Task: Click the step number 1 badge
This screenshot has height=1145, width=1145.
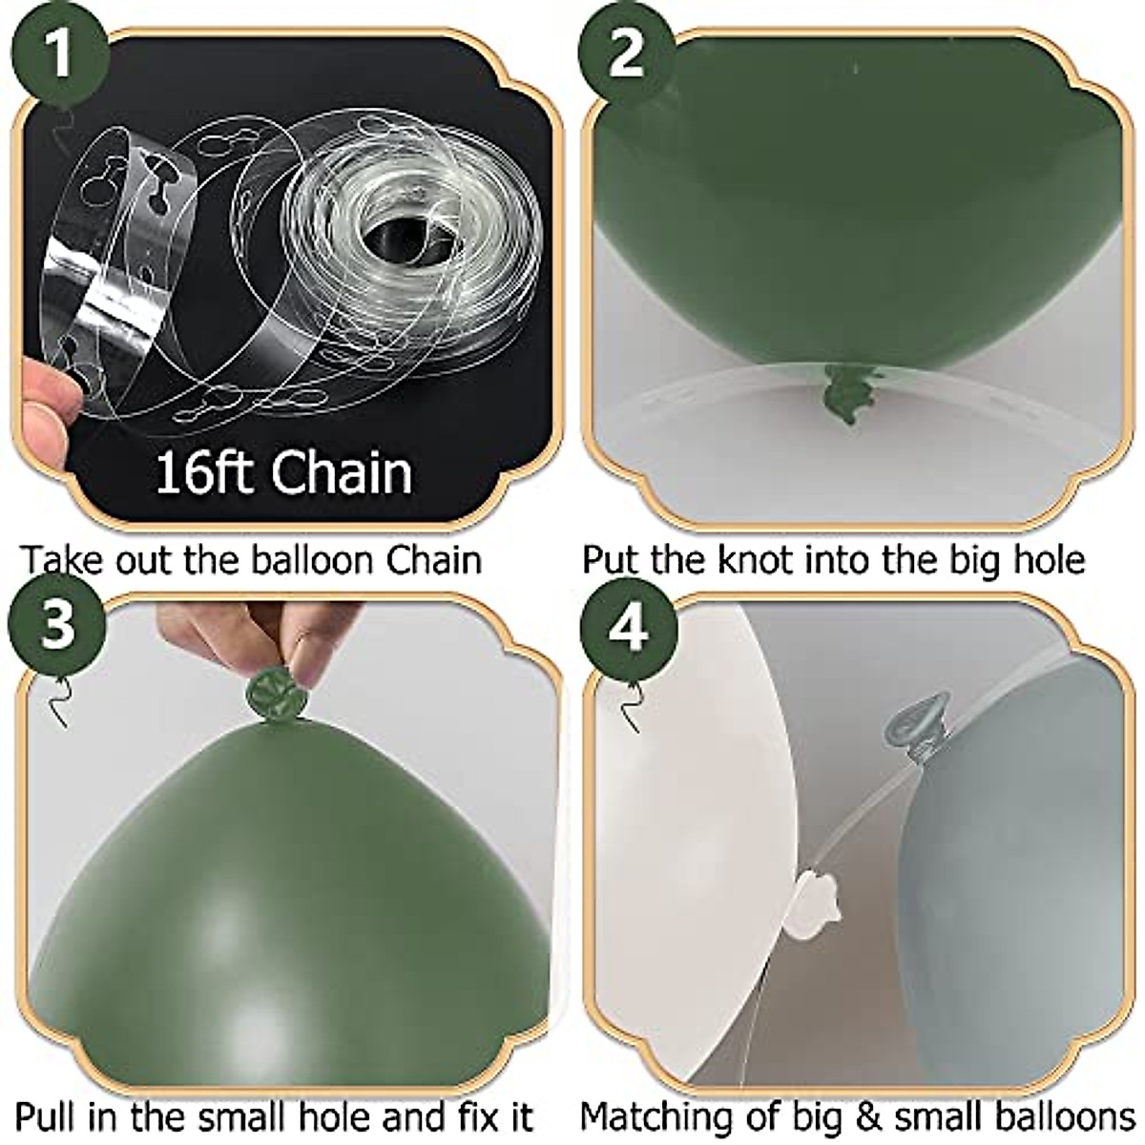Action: (x=58, y=54)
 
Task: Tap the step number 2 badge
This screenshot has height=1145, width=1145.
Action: (x=627, y=54)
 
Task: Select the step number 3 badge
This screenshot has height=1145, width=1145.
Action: (x=58, y=627)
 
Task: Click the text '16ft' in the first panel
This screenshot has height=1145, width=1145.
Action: (x=200, y=472)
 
